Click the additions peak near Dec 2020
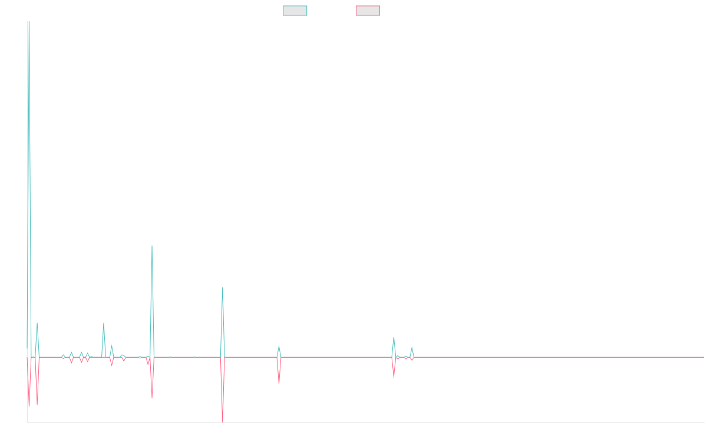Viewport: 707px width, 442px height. click(x=152, y=246)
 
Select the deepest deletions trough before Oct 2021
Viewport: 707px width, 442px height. click(x=223, y=421)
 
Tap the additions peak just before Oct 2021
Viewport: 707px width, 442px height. click(x=223, y=288)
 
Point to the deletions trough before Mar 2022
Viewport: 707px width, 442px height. click(x=279, y=383)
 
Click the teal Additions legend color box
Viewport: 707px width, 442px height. click(x=295, y=11)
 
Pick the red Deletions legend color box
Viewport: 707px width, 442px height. click(x=368, y=11)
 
